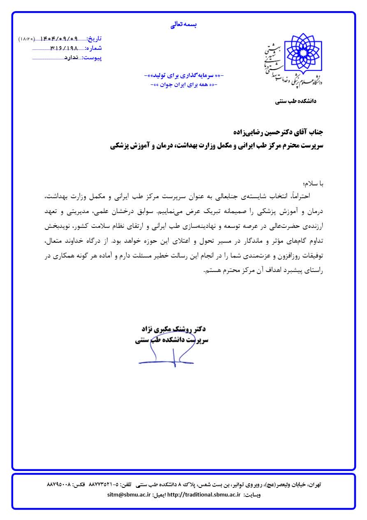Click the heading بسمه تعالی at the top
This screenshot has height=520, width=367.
183,25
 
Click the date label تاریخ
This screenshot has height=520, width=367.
95,39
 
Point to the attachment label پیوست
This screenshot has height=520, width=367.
92,58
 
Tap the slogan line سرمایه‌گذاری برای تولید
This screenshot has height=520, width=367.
184,76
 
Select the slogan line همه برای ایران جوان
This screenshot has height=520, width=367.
184,84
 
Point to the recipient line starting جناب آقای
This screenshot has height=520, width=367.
276,132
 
